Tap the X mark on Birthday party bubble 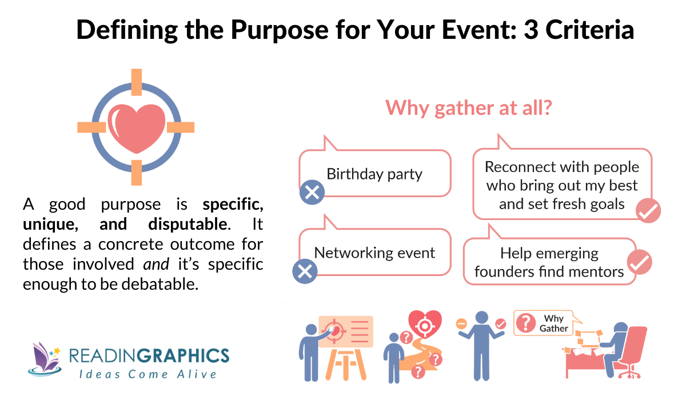pos(312,193)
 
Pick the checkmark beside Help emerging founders pos(639,263)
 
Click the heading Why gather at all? pos(468,107)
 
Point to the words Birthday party pos(374,174)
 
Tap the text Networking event pos(374,252)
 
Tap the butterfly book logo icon pos(45,358)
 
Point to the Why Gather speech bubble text pos(553,323)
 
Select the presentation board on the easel pos(345,331)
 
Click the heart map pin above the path pos(424,324)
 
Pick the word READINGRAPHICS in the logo pos(149,355)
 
